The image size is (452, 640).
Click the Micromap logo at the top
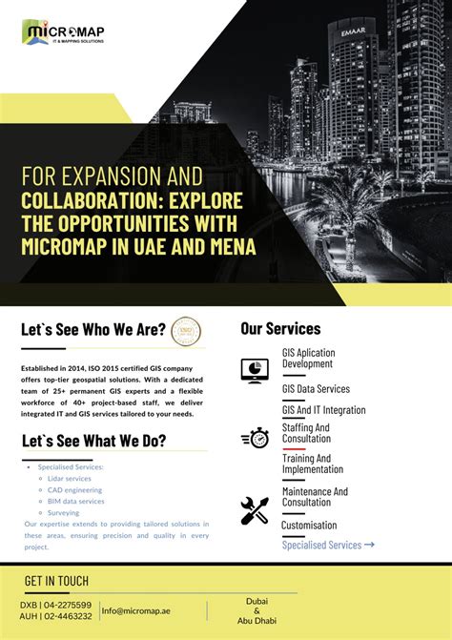pyautogui.click(x=63, y=33)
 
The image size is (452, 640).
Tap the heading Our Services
pyautogui.click(x=280, y=329)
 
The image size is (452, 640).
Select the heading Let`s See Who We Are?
pyautogui.click(x=92, y=330)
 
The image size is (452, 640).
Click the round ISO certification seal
pyautogui.click(x=186, y=332)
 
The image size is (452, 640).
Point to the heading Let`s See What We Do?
pyautogui.click(x=93, y=441)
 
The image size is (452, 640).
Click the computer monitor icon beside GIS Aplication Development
pyautogui.click(x=255, y=370)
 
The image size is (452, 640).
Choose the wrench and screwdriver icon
pyautogui.click(x=255, y=511)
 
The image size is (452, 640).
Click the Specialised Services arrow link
pyautogui.click(x=328, y=545)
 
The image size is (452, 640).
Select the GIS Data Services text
pyautogui.click(x=316, y=389)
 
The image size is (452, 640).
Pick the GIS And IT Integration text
pyautogui.click(x=323, y=410)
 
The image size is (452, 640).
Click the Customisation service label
pyautogui.click(x=309, y=525)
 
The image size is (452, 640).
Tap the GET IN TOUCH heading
pyautogui.click(x=56, y=581)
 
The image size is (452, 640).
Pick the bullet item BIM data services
pyautogui.click(x=76, y=501)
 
